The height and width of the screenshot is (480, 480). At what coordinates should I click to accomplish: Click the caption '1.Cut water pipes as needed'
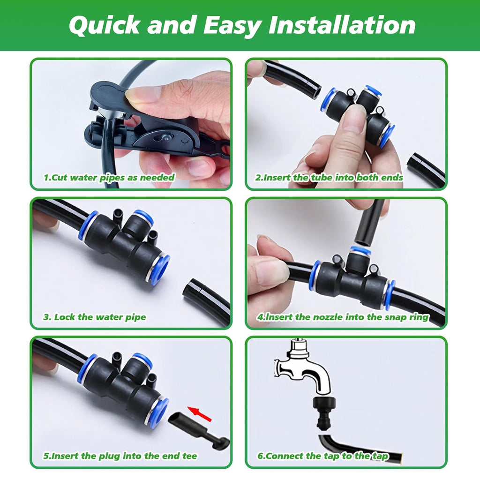pyautogui.click(x=109, y=178)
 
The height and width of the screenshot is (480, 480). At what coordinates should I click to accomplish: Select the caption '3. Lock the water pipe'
pyautogui.click(x=94, y=317)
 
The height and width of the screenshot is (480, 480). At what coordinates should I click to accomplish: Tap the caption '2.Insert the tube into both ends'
pyautogui.click(x=329, y=178)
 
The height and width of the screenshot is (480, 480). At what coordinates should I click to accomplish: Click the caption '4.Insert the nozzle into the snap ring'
pyautogui.click(x=343, y=317)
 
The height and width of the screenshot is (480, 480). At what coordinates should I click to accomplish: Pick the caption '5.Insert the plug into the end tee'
pyautogui.click(x=120, y=456)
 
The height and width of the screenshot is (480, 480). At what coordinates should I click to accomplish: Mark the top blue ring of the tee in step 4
pyautogui.click(x=360, y=251)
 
